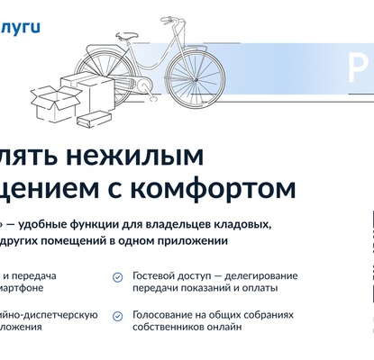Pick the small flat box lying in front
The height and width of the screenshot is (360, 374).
click(93, 121)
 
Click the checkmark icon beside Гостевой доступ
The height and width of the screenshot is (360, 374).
click(118, 277)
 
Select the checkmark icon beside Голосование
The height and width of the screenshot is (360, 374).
click(118, 317)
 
